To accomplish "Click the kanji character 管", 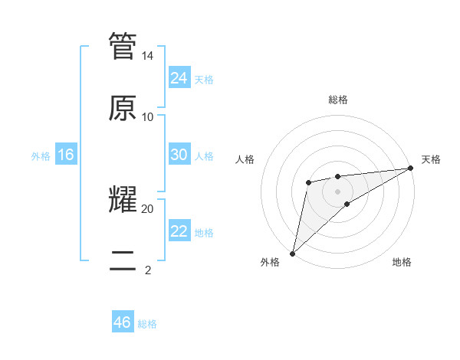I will pyautogui.click(x=123, y=47).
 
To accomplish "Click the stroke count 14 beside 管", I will pyautogui.click(x=148, y=56).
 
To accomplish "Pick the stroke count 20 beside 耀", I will pyautogui.click(x=148, y=208).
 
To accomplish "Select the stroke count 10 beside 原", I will pyautogui.click(x=148, y=116).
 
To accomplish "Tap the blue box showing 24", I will pyautogui.click(x=179, y=77).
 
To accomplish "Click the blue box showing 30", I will pyautogui.click(x=179, y=155).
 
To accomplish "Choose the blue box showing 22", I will pyautogui.click(x=179, y=231).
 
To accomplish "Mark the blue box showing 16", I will pyautogui.click(x=66, y=155).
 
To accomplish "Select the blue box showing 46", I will pyautogui.click(x=123, y=322).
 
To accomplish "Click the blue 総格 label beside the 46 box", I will pyautogui.click(x=147, y=324).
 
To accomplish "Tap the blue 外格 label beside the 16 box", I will pyautogui.click(x=41, y=156).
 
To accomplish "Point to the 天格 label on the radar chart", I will pyautogui.click(x=431, y=159).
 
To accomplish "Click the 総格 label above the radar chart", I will pyautogui.click(x=338, y=100).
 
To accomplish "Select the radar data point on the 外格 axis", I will pyautogui.click(x=292, y=253).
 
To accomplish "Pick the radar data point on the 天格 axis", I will pyautogui.click(x=410, y=168).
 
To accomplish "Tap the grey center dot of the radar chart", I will pyautogui.click(x=338, y=191).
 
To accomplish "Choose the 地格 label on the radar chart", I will pyautogui.click(x=402, y=262).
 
